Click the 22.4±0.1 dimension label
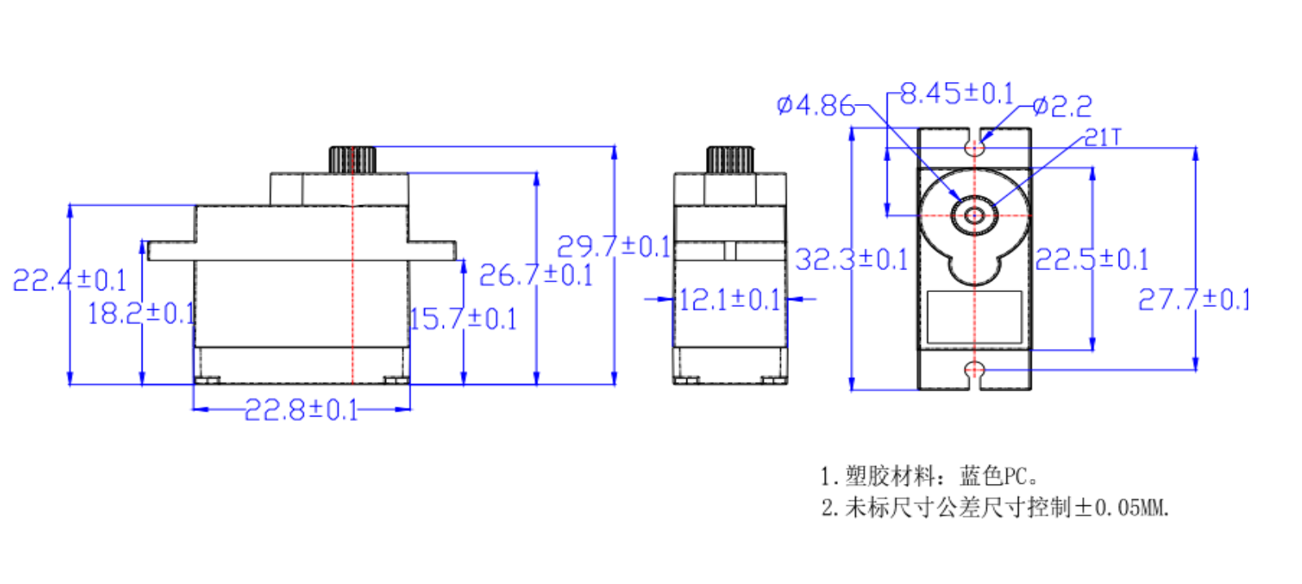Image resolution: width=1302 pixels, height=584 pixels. click(x=69, y=281)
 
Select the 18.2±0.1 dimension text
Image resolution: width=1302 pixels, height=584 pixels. click(x=140, y=313)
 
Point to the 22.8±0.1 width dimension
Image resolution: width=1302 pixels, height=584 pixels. click(x=301, y=409)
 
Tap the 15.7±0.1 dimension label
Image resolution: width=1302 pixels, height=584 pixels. click(x=462, y=319)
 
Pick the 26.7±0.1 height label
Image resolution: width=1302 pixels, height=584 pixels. click(x=535, y=275)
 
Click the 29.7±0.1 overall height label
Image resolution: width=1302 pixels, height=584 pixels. click(x=613, y=246)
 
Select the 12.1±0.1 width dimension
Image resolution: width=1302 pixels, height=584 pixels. click(x=730, y=300)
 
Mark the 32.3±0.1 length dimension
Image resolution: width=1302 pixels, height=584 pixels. click(x=851, y=259)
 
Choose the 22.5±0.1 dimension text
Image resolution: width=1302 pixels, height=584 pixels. click(x=1091, y=259)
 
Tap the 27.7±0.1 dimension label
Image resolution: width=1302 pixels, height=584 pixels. click(x=1194, y=299)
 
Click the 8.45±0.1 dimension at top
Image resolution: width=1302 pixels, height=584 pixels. click(x=957, y=94)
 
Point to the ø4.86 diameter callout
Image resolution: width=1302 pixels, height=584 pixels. click(x=815, y=105)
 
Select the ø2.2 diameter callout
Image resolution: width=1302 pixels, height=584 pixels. click(x=1063, y=107)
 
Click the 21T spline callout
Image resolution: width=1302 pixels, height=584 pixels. click(x=1103, y=137)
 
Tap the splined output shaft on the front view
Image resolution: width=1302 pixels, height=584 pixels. click(x=353, y=159)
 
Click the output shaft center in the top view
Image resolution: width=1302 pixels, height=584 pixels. click(x=975, y=216)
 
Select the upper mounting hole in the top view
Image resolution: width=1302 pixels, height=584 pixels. click(x=975, y=148)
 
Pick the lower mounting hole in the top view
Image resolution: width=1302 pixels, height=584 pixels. click(x=975, y=371)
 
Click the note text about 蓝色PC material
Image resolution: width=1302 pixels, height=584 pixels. click(x=929, y=475)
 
